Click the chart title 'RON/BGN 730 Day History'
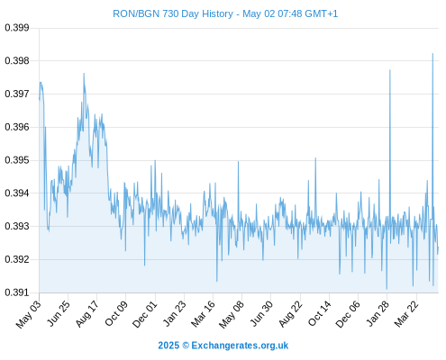pyautogui.click(x=173, y=13)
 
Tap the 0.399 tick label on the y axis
pyautogui.click(x=17, y=28)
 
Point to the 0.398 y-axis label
pyautogui.click(x=17, y=61)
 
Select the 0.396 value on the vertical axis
pyautogui.click(x=17, y=127)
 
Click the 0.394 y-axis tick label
pyautogui.click(x=17, y=193)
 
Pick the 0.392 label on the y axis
pyautogui.click(x=17, y=259)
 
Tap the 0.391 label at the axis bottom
pyautogui.click(x=17, y=292)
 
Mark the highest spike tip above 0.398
pyautogui.click(x=432, y=54)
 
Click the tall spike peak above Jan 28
pyautogui.click(x=390, y=70)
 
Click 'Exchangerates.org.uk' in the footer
pyautogui.click(x=240, y=346)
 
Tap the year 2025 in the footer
pyautogui.click(x=168, y=346)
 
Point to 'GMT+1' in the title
pyautogui.click(x=321, y=13)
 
